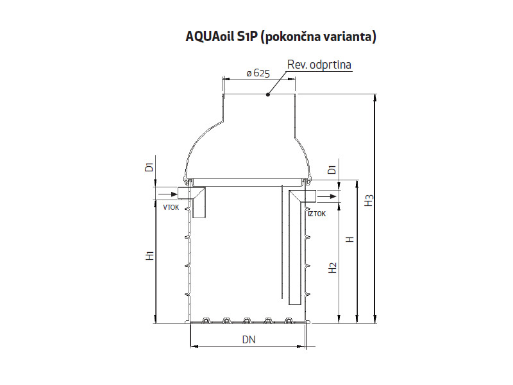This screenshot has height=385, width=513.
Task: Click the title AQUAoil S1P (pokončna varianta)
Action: click(x=280, y=37)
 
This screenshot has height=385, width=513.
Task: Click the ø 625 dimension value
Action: click(x=257, y=73)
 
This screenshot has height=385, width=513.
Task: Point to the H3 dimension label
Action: click(x=368, y=201)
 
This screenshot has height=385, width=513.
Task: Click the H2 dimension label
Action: click(x=332, y=268)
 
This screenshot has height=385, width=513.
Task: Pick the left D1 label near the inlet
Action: click(x=149, y=168)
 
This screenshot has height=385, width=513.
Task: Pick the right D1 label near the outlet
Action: click(x=332, y=170)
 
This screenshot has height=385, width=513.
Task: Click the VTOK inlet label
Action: click(x=171, y=208)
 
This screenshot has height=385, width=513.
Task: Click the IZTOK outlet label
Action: click(x=317, y=214)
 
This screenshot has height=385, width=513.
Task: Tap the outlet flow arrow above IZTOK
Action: click(x=328, y=196)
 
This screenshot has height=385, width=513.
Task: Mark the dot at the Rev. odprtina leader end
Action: click(x=269, y=95)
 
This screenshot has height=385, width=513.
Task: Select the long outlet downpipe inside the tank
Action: click(x=296, y=257)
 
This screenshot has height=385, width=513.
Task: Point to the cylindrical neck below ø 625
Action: click(x=259, y=109)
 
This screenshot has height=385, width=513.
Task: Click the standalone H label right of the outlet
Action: click(x=349, y=239)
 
